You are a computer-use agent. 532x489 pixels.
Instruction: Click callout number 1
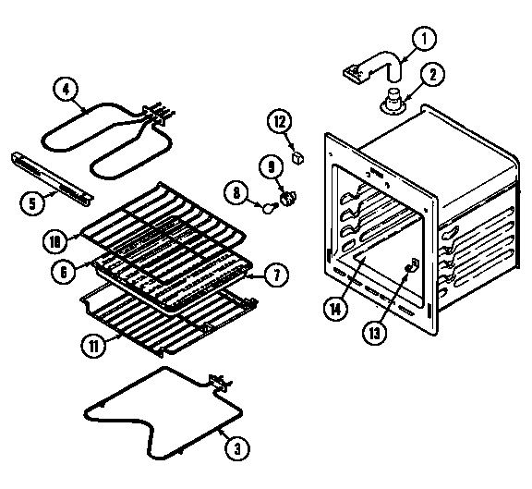point(424,40)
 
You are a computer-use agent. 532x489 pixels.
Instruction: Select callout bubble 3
point(237,450)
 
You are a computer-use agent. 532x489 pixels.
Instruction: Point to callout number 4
point(64,90)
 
